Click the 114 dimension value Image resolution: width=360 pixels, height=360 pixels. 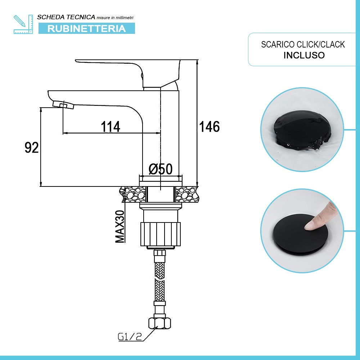click(x=111, y=126)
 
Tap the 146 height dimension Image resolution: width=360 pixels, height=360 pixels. click(x=209, y=126)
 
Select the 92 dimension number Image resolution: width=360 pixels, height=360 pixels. click(x=32, y=148)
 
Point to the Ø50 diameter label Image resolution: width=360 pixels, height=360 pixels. click(x=161, y=169)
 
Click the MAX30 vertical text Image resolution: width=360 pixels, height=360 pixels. click(x=120, y=226)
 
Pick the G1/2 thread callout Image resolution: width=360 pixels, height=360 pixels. click(x=130, y=337)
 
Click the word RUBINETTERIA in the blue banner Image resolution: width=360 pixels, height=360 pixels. click(x=86, y=28)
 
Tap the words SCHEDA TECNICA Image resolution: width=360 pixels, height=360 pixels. click(x=66, y=17)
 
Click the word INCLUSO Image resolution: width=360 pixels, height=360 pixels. click(x=304, y=55)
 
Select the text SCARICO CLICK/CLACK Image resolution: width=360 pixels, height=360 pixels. click(x=303, y=44)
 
